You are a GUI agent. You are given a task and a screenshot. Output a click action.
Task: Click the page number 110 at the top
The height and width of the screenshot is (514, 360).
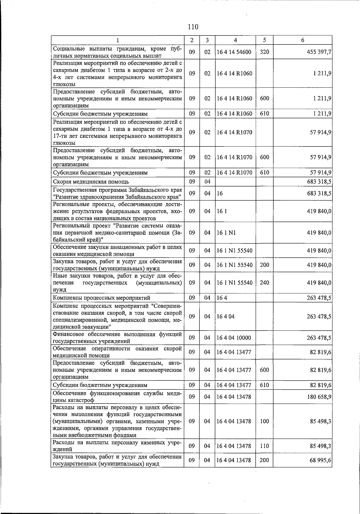[193, 27]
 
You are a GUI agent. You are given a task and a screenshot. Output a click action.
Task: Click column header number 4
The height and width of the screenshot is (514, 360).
[235, 40]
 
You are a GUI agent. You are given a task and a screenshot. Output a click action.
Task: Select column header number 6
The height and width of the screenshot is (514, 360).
[302, 40]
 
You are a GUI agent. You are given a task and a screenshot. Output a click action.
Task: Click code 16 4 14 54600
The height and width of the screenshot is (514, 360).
[234, 52]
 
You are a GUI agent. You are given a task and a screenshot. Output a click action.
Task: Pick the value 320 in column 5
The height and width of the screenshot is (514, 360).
[264, 52]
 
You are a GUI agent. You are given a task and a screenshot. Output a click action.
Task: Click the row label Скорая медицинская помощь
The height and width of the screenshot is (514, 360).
[91, 182]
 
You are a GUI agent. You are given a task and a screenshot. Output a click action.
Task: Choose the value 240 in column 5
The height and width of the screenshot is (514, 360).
[264, 283]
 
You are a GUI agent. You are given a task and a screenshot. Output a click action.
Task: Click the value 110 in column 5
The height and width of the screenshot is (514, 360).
[264, 446]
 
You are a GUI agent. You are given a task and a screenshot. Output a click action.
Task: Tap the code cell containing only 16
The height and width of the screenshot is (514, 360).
[220, 193]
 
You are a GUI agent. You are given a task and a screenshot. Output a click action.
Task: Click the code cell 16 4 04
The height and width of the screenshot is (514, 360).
[225, 316]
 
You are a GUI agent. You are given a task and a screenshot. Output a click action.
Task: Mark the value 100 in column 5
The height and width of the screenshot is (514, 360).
[264, 421]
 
